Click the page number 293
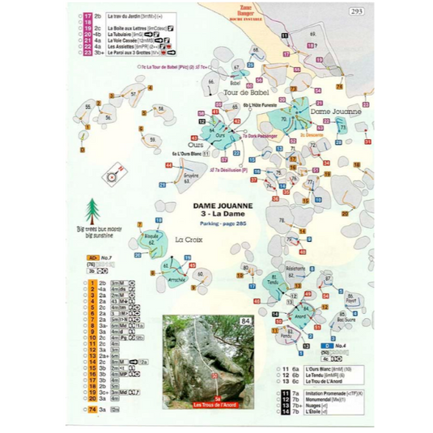pyautogui.click(x=357, y=11)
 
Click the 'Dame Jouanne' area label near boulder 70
pyautogui.click(x=335, y=112)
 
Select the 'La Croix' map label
pyautogui.click(x=189, y=240)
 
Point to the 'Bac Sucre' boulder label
pyautogui.click(x=346, y=320)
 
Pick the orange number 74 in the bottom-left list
pyautogui.click(x=92, y=410)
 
